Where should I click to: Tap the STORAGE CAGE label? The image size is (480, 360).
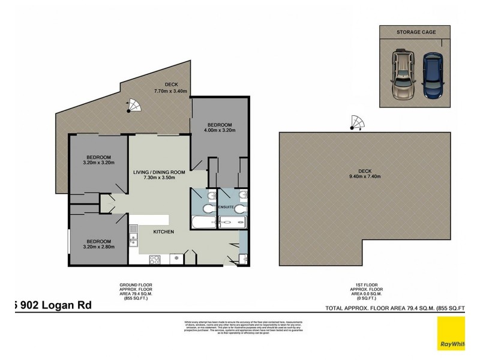[416, 32]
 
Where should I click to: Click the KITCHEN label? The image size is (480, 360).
[163, 232]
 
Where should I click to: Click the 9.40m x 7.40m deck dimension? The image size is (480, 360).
[365, 176]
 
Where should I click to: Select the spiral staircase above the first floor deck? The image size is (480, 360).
[356, 122]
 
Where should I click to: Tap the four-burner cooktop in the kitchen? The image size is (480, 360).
[154, 259]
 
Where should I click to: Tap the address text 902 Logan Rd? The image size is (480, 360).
[54, 305]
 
